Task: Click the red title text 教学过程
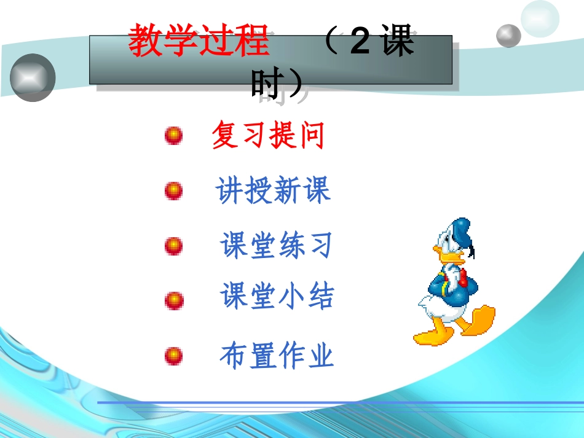199,42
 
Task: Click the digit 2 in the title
360,42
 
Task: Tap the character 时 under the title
266,85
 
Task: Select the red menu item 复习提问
267,135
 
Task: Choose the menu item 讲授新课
273,190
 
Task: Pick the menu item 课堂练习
276,246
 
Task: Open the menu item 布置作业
277,356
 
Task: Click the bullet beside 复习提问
174,136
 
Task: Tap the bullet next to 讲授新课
174,191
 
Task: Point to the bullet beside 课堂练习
174,246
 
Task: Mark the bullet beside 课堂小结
174,300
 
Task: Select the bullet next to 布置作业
174,356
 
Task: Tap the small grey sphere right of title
508,36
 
